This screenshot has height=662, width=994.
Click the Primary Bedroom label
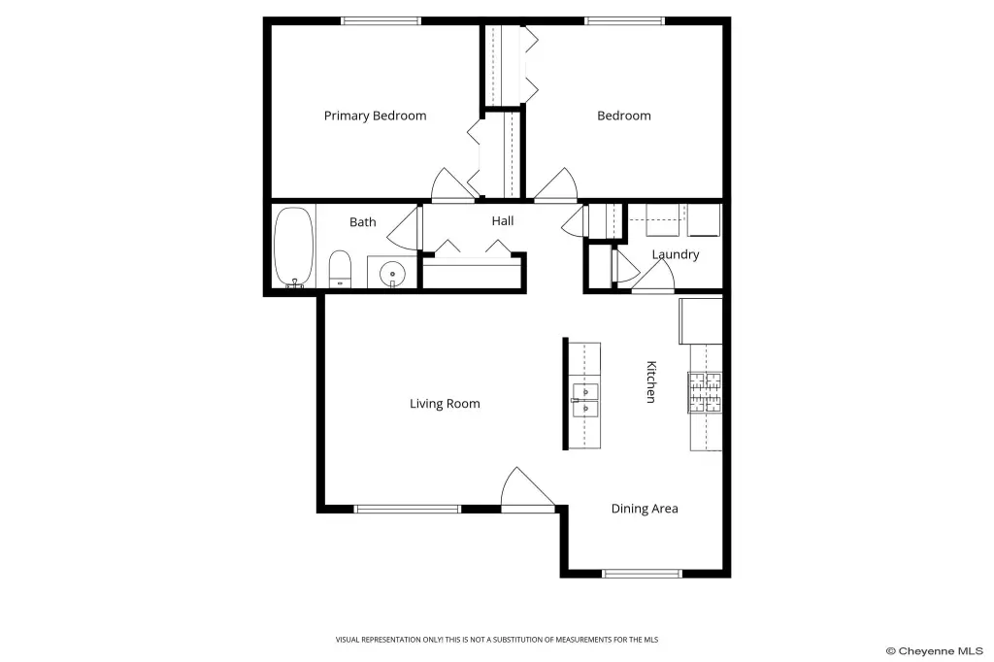(375, 116)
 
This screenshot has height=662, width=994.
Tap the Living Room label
(445, 404)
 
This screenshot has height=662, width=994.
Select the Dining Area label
(645, 509)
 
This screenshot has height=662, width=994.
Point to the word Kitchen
(651, 381)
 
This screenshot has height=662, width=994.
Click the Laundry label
(676, 254)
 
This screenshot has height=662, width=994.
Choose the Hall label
(503, 220)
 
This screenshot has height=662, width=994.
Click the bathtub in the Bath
(293, 248)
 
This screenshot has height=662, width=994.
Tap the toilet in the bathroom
(340, 270)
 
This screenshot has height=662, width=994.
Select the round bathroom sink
(392, 274)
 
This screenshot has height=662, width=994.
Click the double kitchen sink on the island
(584, 400)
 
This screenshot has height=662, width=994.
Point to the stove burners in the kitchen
(705, 392)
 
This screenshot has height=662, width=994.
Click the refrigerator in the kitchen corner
(701, 321)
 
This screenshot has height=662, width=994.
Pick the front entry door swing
(527, 488)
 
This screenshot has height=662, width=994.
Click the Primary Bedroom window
(381, 21)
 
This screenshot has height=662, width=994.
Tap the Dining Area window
(643, 574)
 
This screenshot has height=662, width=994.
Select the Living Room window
(408, 509)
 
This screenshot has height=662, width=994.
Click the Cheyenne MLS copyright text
(934, 651)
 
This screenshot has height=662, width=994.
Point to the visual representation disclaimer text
(497, 640)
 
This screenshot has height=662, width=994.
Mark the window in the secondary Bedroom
(624, 21)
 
